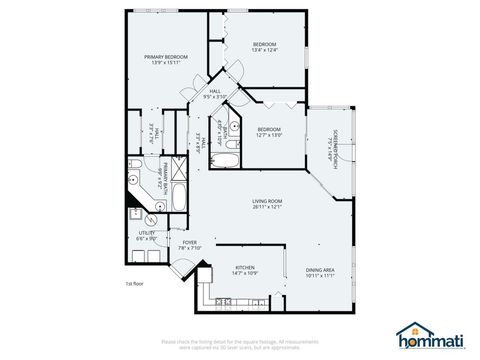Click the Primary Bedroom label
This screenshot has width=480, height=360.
tap(166, 58)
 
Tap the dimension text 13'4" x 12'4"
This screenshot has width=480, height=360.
tap(264, 50)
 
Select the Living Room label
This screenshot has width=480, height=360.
tap(268, 201)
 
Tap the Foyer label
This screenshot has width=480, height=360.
tap(189, 242)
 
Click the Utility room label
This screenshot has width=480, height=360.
tap(147, 233)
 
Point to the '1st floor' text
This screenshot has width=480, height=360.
tap(135, 284)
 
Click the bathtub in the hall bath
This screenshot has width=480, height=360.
tap(228, 158)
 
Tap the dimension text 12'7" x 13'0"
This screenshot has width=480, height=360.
tap(269, 134)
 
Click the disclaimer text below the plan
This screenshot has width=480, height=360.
tap(241, 343)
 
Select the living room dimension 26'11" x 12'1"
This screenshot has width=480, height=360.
tap(268, 208)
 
